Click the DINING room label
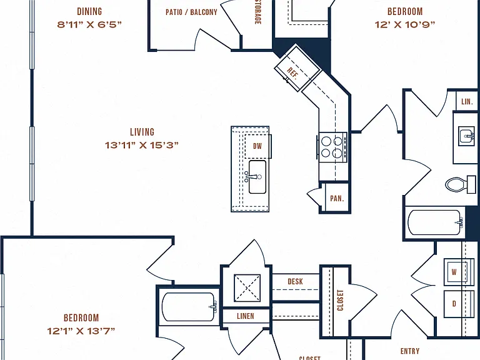pyautogui.click(x=89, y=12)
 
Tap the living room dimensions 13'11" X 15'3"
pyautogui.click(x=142, y=145)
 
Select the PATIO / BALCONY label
pyautogui.click(x=191, y=12)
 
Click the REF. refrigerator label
pyautogui.click(x=292, y=74)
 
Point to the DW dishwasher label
pyautogui.click(x=257, y=146)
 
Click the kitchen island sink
pyautogui.click(x=256, y=177)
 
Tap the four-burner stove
pyautogui.click(x=332, y=147)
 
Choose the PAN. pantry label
pyautogui.click(x=337, y=198)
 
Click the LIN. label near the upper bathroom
pyautogui.click(x=467, y=102)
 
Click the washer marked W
pyautogui.click(x=455, y=272)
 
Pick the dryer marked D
pyautogui.click(x=455, y=304)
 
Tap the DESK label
pyautogui.click(x=296, y=281)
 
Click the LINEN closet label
pyautogui.click(x=246, y=316)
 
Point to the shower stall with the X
pyautogui.click(x=247, y=287)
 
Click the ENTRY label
pyautogui.click(x=410, y=351)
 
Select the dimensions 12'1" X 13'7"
pyautogui.click(x=81, y=331)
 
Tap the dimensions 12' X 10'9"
pyautogui.click(x=405, y=24)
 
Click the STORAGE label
pyautogui.click(x=257, y=12)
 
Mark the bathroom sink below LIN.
pyautogui.click(x=466, y=136)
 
